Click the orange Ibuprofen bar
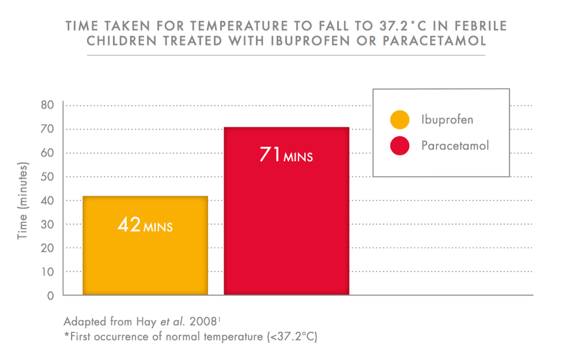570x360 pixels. coord(145,259)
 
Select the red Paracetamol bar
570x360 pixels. coord(286,230)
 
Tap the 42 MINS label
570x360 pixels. coord(145,225)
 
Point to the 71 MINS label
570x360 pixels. coord(286,155)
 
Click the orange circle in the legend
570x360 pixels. coord(399,120)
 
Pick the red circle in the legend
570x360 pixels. coord(399,146)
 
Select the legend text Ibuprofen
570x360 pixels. coord(447,120)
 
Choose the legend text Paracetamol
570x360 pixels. coord(455,146)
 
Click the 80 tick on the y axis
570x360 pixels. coord(47,105)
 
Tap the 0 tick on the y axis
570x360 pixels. coord(50,296)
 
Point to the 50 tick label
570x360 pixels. coord(47,177)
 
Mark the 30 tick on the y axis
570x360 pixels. coord(47,225)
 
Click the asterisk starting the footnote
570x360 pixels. coord(66,335)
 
